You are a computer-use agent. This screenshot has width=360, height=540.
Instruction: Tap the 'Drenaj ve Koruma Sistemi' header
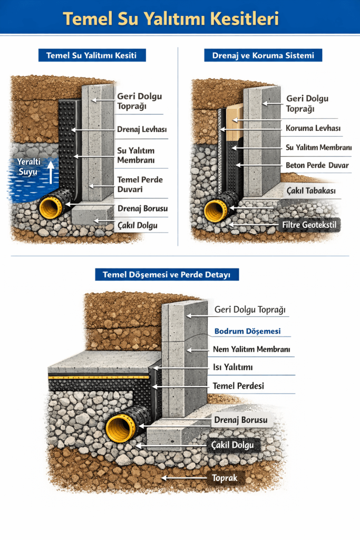point(263,55)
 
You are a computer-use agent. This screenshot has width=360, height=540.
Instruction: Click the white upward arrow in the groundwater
point(51,171)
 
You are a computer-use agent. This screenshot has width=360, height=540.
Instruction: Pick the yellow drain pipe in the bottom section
point(119,427)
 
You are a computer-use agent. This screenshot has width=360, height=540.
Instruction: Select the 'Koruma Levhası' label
point(313,128)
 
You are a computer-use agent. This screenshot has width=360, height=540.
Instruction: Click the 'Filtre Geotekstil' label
point(309,226)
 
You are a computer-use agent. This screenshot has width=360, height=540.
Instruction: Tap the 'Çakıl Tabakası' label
point(311,190)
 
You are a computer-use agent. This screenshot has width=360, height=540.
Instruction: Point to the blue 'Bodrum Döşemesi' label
point(247,332)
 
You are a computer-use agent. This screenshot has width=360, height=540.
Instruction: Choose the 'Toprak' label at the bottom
point(225,478)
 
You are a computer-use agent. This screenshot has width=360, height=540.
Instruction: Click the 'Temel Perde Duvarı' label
point(140,184)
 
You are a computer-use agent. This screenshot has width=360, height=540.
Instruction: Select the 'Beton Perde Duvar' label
point(317,165)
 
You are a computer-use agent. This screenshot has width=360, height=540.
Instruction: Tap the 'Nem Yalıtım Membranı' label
point(251,349)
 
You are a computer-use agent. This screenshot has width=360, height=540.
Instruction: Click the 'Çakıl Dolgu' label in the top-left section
point(137,226)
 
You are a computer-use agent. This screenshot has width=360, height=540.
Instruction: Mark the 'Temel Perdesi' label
point(238,385)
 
